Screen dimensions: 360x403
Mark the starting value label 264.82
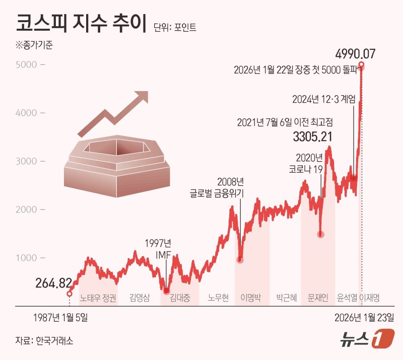pos(53,283)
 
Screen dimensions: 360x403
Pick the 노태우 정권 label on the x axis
pos(98,297)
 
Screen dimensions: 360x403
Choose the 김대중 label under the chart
pos(180,297)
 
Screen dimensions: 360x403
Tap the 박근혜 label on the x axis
pos(287,297)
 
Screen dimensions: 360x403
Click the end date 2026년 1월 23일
pos(365,318)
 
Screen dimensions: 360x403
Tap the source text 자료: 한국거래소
pos(44,341)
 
